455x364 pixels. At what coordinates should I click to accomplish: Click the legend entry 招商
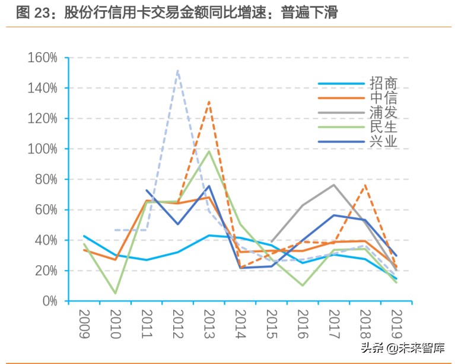click(383, 83)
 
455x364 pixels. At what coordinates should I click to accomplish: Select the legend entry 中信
click(383, 98)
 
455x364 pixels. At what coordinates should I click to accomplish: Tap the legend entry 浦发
click(383, 112)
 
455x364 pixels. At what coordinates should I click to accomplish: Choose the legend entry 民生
click(383, 127)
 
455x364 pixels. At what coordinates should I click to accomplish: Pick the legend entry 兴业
click(383, 141)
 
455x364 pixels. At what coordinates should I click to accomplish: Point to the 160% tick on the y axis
click(42, 58)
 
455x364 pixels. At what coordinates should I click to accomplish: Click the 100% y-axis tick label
click(42, 149)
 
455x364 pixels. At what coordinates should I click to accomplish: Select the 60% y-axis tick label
click(45, 210)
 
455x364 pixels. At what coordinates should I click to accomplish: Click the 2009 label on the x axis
click(84, 324)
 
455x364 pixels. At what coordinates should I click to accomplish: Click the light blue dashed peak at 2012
click(177, 71)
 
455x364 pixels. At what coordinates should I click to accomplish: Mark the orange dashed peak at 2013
click(209, 102)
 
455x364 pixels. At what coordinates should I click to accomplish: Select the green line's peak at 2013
click(209, 151)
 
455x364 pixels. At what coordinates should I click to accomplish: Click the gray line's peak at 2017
click(333, 185)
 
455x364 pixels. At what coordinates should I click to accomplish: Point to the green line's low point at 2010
click(115, 293)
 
